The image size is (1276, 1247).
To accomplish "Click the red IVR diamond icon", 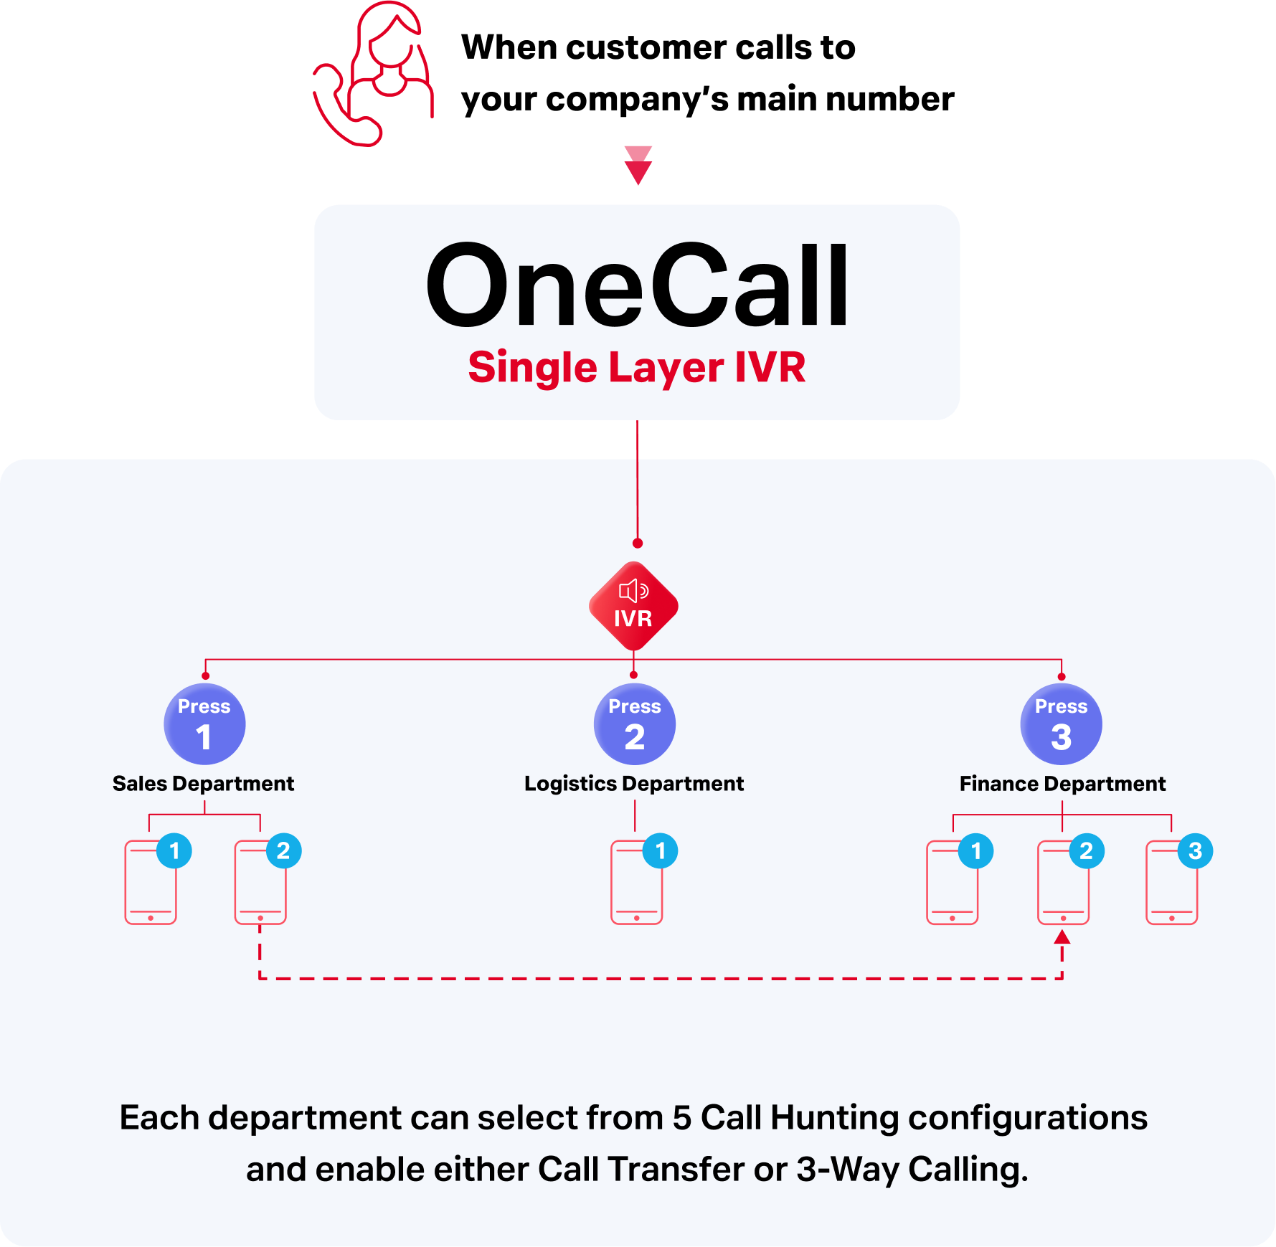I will point(633,607).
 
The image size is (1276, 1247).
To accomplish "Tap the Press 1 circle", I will point(204,724).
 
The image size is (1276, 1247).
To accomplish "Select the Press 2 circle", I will point(634,724).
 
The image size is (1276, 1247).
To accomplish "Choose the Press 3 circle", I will point(1061,724).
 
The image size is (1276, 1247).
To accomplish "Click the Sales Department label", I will point(203,784).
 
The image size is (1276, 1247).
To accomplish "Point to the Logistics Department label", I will point(634,784).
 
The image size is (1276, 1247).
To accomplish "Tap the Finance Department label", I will point(1062,784).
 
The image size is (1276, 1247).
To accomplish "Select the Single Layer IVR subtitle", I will point(637,367).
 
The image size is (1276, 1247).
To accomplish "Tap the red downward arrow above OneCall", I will point(638,166).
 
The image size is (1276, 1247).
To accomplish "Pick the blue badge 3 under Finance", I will point(1195,851).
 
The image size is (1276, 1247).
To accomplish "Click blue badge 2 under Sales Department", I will point(283,851).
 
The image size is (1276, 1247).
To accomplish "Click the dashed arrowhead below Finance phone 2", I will point(1062,937).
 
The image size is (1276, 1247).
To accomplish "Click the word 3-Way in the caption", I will point(848,1169).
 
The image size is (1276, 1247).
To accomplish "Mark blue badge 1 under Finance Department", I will point(975,851).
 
